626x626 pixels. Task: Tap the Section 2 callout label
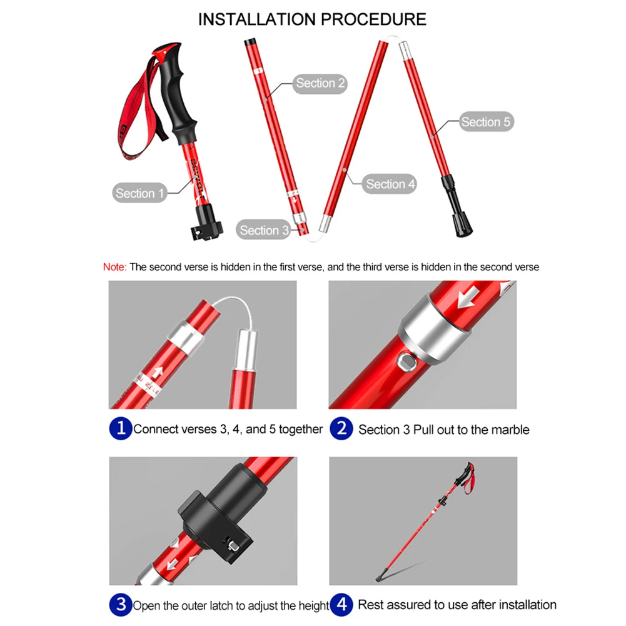coord(320,83)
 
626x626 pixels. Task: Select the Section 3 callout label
coord(265,230)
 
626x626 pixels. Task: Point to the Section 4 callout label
coord(390,184)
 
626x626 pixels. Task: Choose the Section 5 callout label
coord(485,122)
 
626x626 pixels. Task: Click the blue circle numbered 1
coord(120,429)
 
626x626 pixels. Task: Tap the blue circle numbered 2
coord(341,429)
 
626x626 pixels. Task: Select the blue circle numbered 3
coord(120,605)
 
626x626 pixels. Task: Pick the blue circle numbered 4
coord(341,605)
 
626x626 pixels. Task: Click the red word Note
coord(114,267)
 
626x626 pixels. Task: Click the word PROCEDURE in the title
coord(373,19)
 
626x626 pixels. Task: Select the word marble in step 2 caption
coord(509,430)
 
